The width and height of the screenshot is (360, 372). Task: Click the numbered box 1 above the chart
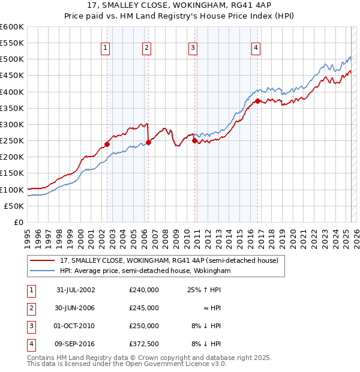(x=106, y=49)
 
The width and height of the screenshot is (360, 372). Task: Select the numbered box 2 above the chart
(x=146, y=49)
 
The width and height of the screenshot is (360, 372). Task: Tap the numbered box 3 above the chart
(x=193, y=49)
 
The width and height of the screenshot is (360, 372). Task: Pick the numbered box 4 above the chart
(x=256, y=49)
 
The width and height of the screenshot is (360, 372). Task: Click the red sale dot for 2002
(x=107, y=144)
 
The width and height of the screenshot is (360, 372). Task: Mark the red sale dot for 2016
(x=257, y=101)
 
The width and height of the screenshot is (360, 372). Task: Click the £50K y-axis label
(x=14, y=206)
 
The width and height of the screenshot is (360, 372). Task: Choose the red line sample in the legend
(x=43, y=261)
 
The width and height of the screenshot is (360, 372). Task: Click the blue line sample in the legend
(x=43, y=271)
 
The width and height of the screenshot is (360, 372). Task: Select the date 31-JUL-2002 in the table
(x=76, y=289)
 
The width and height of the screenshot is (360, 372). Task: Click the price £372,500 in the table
(x=143, y=344)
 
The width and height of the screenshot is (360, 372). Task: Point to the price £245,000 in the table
(x=143, y=308)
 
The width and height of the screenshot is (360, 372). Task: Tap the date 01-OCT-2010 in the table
(x=76, y=326)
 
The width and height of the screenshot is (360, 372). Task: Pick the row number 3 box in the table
(x=30, y=326)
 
